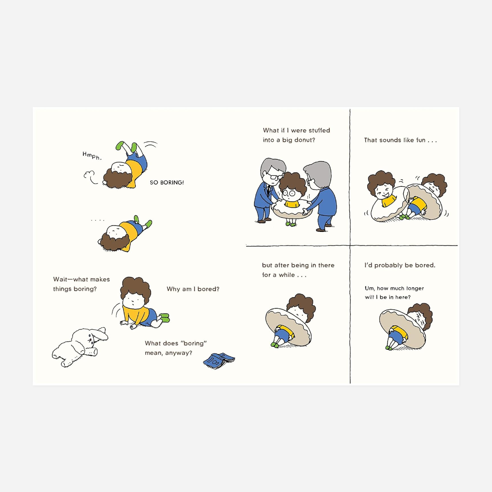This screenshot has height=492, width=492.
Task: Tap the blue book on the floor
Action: [x=219, y=360]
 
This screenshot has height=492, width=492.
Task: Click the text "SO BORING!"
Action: [x=167, y=182]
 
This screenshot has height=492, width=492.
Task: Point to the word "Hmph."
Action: [x=92, y=156]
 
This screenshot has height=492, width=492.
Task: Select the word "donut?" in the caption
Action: [x=305, y=140]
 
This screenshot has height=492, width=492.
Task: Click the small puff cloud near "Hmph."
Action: [x=90, y=177]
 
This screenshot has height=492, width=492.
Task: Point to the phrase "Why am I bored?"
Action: [x=193, y=289]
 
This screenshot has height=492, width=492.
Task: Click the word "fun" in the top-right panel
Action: [x=421, y=140]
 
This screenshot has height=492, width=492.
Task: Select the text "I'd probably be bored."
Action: [x=400, y=266]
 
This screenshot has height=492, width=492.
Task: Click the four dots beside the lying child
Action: [x=97, y=220]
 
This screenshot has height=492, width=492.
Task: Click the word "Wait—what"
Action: [x=67, y=279]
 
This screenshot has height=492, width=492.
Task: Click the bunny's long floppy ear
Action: [x=99, y=334]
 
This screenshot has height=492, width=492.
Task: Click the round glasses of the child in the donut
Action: [x=289, y=193]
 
